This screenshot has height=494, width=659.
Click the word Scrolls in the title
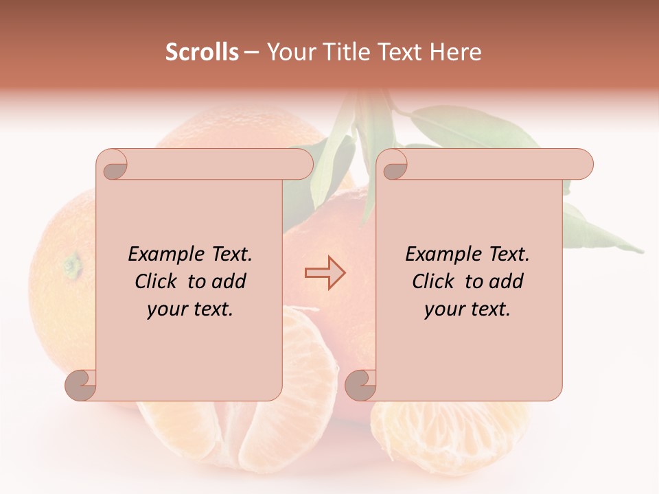coord(202,52)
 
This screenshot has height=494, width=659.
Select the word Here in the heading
coord(455,52)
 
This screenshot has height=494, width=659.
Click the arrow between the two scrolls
coord(325,273)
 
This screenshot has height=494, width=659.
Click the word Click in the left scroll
coord(159,281)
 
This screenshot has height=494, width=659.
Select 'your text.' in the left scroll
coord(190,309)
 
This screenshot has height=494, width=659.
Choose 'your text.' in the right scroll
coord(467,309)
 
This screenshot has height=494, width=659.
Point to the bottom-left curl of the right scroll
coord(360,385)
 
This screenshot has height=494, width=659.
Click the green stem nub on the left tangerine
coord(71,263)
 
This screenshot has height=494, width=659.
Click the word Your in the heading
coord(288,52)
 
